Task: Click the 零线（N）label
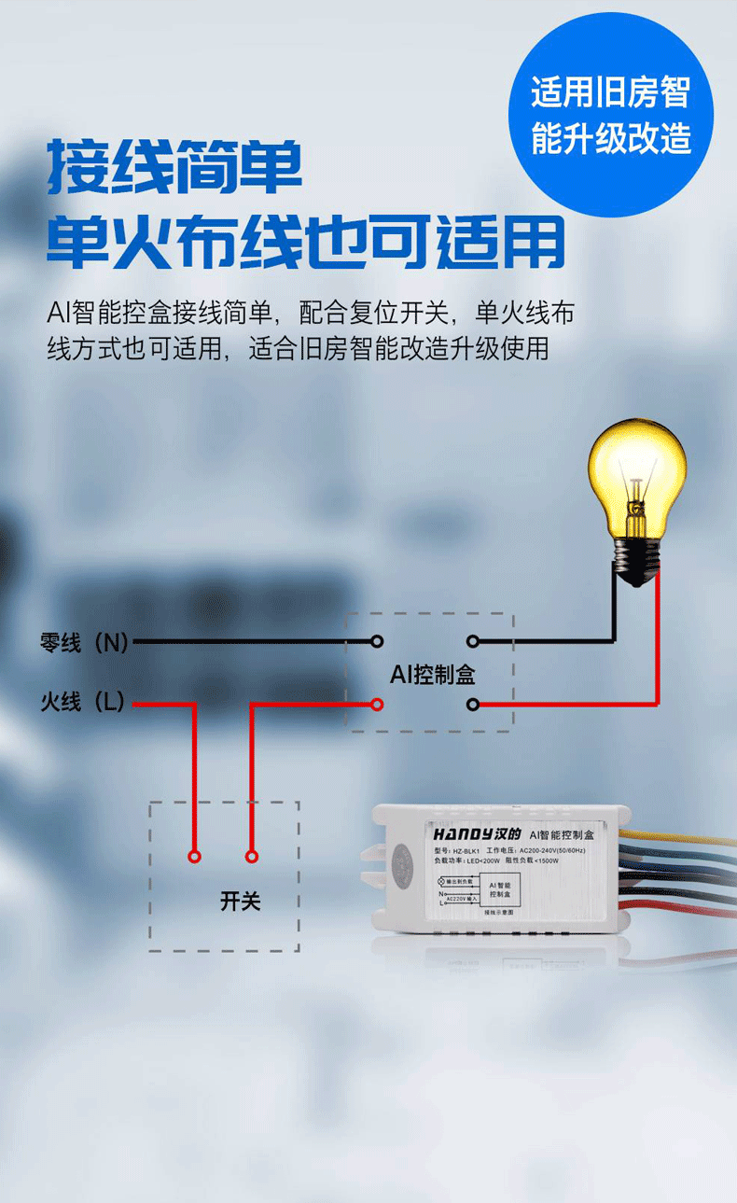click(x=84, y=642)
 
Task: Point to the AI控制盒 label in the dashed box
click(x=432, y=674)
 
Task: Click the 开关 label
click(x=240, y=902)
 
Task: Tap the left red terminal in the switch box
click(x=194, y=856)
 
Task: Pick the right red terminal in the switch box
click(x=251, y=856)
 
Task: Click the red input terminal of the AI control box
click(x=377, y=703)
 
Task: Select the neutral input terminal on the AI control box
click(x=377, y=641)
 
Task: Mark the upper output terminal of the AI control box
click(x=473, y=641)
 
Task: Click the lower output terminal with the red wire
click(x=473, y=703)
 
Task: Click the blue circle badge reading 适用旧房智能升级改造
click(x=611, y=115)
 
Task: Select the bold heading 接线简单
click(x=175, y=167)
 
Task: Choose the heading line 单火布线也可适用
click(x=306, y=242)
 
